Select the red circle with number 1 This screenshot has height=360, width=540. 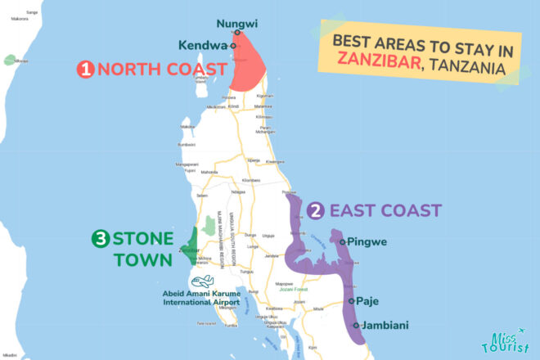click(85, 70)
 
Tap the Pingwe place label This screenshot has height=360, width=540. click(368, 241)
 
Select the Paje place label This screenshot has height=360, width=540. click(369, 300)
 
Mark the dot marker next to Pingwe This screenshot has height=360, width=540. click(344, 241)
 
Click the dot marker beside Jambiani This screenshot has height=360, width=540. click(356, 325)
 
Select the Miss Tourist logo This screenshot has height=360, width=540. click(504, 342)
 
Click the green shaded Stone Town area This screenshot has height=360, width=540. click(191, 245)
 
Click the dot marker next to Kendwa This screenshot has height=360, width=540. click(233, 46)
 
